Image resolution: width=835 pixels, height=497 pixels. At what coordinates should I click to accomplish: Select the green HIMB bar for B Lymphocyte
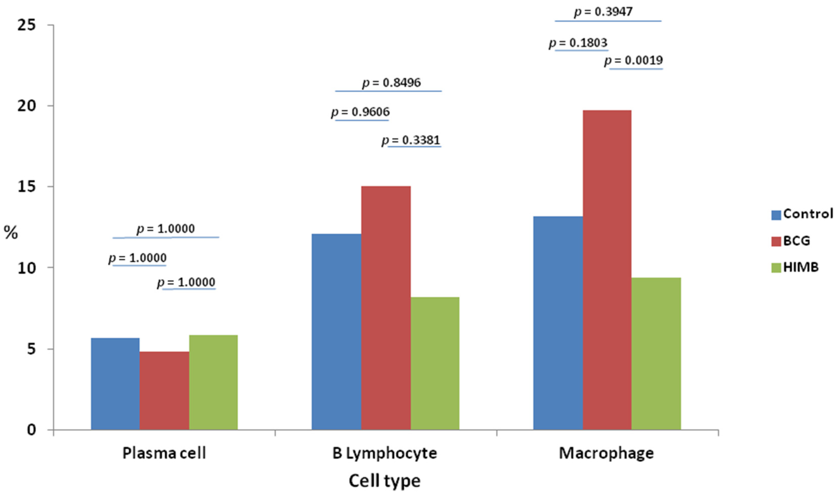coord(435,363)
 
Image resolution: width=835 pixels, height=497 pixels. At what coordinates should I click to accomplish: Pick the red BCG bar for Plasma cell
coord(164,390)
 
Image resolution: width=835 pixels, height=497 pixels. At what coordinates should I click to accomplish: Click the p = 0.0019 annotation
coord(633,61)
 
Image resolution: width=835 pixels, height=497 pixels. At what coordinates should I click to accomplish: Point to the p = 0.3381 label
coord(411,140)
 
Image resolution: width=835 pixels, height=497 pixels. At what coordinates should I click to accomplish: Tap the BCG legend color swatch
coord(776,241)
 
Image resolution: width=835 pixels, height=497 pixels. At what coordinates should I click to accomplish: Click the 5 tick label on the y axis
coord(31,349)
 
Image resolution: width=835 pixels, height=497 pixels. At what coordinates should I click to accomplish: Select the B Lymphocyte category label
coord(384,453)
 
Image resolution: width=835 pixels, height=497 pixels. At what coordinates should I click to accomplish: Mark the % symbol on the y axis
coord(10,232)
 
